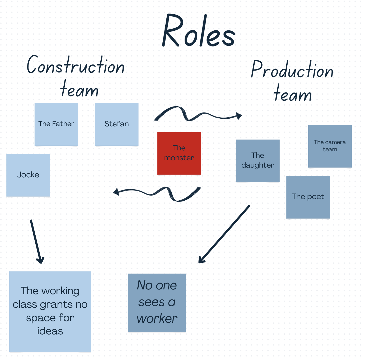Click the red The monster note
coord(179,153)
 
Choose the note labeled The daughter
coord(258,160)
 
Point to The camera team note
coord(330,146)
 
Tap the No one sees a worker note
coord(157,302)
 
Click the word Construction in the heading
coord(76,65)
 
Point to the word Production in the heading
coord(292,70)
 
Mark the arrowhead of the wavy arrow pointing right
coord(239,116)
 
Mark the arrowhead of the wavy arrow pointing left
coord(116,192)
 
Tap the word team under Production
coord(293,94)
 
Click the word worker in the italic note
coord(157,319)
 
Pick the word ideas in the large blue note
coord(50,331)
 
